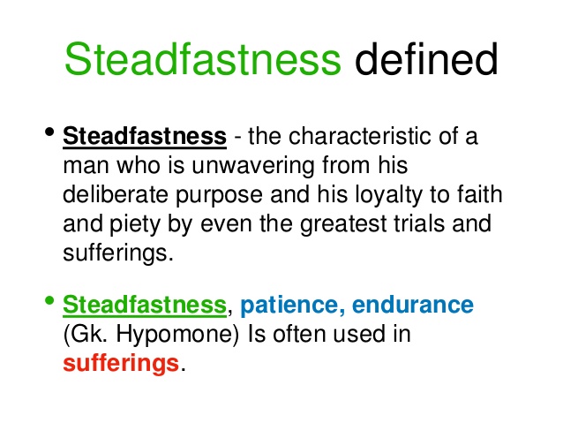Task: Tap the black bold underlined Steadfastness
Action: click(145, 138)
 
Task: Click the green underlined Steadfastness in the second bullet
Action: click(145, 306)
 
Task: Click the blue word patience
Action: click(289, 306)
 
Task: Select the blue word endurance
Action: click(412, 306)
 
